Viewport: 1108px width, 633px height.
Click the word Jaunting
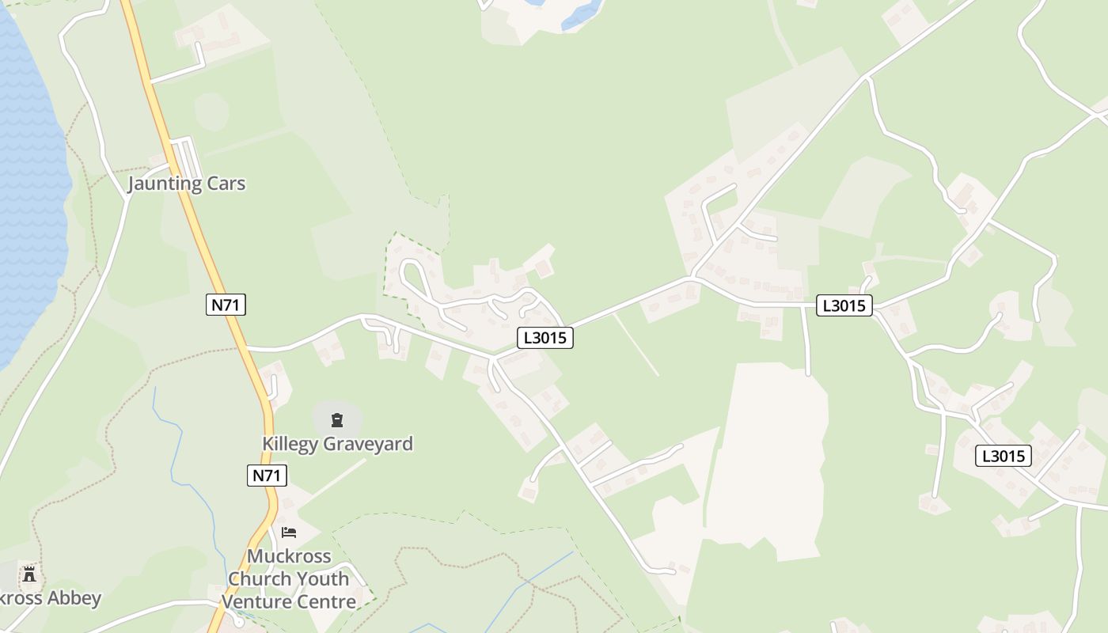point(165,184)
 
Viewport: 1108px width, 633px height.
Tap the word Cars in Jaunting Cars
point(226,184)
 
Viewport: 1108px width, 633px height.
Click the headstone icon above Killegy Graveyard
point(337,419)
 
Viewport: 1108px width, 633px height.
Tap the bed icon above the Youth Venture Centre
point(289,532)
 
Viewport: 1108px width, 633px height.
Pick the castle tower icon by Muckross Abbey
point(30,573)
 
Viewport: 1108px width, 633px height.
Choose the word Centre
point(325,602)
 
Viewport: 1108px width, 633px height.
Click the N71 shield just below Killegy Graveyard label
point(267,476)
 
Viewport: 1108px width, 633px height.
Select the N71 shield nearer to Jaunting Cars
point(226,305)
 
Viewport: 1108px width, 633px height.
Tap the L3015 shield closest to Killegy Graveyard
point(545,338)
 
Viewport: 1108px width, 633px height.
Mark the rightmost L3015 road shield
point(1004,456)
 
